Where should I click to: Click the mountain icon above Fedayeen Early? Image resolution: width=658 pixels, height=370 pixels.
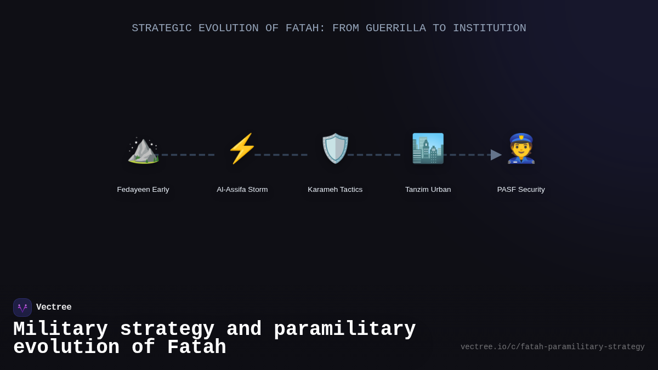coord(143,149)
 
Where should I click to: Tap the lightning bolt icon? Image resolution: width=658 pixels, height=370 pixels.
coord(242,149)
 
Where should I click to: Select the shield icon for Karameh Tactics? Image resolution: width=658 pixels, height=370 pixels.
coord(335,149)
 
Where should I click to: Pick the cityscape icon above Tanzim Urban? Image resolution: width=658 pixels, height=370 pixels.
coord(428,149)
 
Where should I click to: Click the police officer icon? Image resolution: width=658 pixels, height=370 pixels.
coord(521,149)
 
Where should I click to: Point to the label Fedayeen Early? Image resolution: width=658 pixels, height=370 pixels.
coord(143,190)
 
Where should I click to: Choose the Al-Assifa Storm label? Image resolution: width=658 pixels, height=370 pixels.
coord(242,190)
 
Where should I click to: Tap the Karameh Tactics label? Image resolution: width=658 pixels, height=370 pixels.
coord(335,190)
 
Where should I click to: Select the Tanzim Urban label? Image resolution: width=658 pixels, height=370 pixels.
coord(428,190)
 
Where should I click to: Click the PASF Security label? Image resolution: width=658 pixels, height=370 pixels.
coord(521,190)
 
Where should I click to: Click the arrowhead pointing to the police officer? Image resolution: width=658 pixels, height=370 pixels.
coord(496,155)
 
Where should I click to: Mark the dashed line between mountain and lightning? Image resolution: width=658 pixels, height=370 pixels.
coord(188,155)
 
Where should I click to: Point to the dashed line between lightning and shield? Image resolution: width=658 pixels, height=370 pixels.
coord(281,155)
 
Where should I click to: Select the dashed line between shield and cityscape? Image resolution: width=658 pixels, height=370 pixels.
coord(374,155)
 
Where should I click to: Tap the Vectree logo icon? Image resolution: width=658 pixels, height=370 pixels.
coord(22,308)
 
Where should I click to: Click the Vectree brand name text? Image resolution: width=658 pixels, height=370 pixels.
coord(54,308)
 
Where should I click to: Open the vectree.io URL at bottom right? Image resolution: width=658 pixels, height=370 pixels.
coord(552,347)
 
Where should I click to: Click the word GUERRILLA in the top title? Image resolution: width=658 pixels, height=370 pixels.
coord(395,28)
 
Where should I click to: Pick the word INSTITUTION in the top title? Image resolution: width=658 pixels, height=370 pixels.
coord(489,28)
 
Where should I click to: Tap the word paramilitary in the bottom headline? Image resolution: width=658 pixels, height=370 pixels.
coord(344,329)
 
